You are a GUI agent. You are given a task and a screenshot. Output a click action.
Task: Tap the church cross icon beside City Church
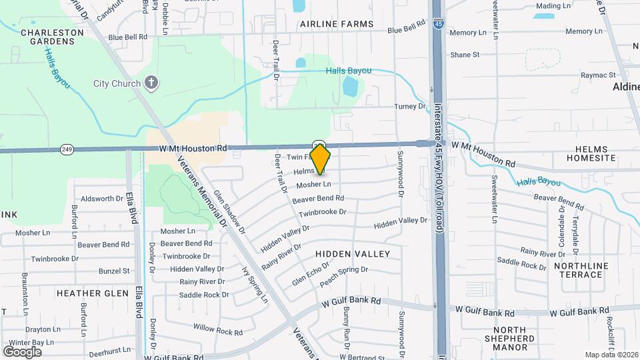click(151, 83)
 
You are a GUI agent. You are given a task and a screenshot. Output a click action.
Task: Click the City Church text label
click(117, 84)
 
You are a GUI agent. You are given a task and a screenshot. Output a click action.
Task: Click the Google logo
click(22, 351)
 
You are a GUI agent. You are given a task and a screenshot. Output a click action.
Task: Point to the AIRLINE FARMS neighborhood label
click(337, 24)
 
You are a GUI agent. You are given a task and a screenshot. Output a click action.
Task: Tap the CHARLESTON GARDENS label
click(47, 37)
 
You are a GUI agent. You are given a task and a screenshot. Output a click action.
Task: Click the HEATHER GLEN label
click(93, 293)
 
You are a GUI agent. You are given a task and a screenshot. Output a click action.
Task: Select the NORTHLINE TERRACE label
click(581, 270)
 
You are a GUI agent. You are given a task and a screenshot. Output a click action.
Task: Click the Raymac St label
click(597, 75)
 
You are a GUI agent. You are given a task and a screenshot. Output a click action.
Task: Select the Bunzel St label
click(114, 271)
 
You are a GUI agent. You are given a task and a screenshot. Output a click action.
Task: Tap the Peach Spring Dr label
click(344, 270)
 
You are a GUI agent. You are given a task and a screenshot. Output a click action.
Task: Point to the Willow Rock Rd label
click(218, 331)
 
